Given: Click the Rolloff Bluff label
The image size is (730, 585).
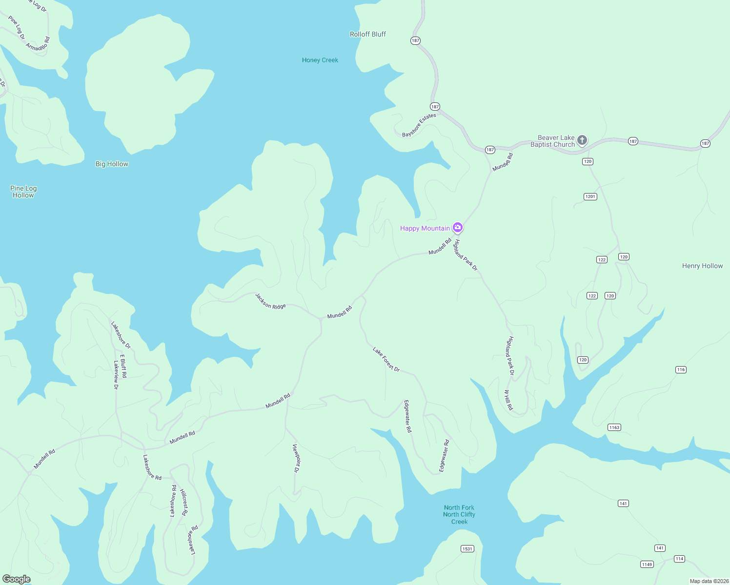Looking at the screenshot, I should (x=367, y=34).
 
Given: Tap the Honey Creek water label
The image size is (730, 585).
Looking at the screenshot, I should (x=320, y=60).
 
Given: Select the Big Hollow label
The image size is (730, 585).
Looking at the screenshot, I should (x=112, y=164).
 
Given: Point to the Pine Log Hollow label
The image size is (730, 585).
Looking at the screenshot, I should (x=23, y=192).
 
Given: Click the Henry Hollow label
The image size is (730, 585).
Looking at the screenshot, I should (x=702, y=266).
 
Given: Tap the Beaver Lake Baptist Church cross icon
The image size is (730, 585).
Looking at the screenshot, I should (x=582, y=140).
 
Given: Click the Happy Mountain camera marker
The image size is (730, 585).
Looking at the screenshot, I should (x=458, y=227).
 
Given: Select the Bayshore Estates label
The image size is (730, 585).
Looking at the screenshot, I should (x=419, y=125).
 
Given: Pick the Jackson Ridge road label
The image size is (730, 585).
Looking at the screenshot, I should (x=270, y=301).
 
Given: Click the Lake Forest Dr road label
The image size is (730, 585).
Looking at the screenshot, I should (x=386, y=359).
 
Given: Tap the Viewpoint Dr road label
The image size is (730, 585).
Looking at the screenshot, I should (x=296, y=458).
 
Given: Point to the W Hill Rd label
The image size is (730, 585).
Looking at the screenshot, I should (x=508, y=400).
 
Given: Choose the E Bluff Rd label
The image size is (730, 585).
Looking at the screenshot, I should (x=123, y=366).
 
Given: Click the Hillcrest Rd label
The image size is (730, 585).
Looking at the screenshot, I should (x=184, y=502).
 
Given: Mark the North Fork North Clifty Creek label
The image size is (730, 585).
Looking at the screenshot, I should (x=459, y=514).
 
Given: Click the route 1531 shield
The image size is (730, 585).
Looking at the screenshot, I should (x=467, y=549).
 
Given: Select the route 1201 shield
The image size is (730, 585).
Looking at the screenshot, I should (x=590, y=196).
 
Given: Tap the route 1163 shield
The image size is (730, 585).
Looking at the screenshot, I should (x=614, y=428).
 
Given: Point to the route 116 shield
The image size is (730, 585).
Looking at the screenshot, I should (x=681, y=370).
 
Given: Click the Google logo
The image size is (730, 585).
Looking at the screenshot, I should (x=17, y=579).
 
